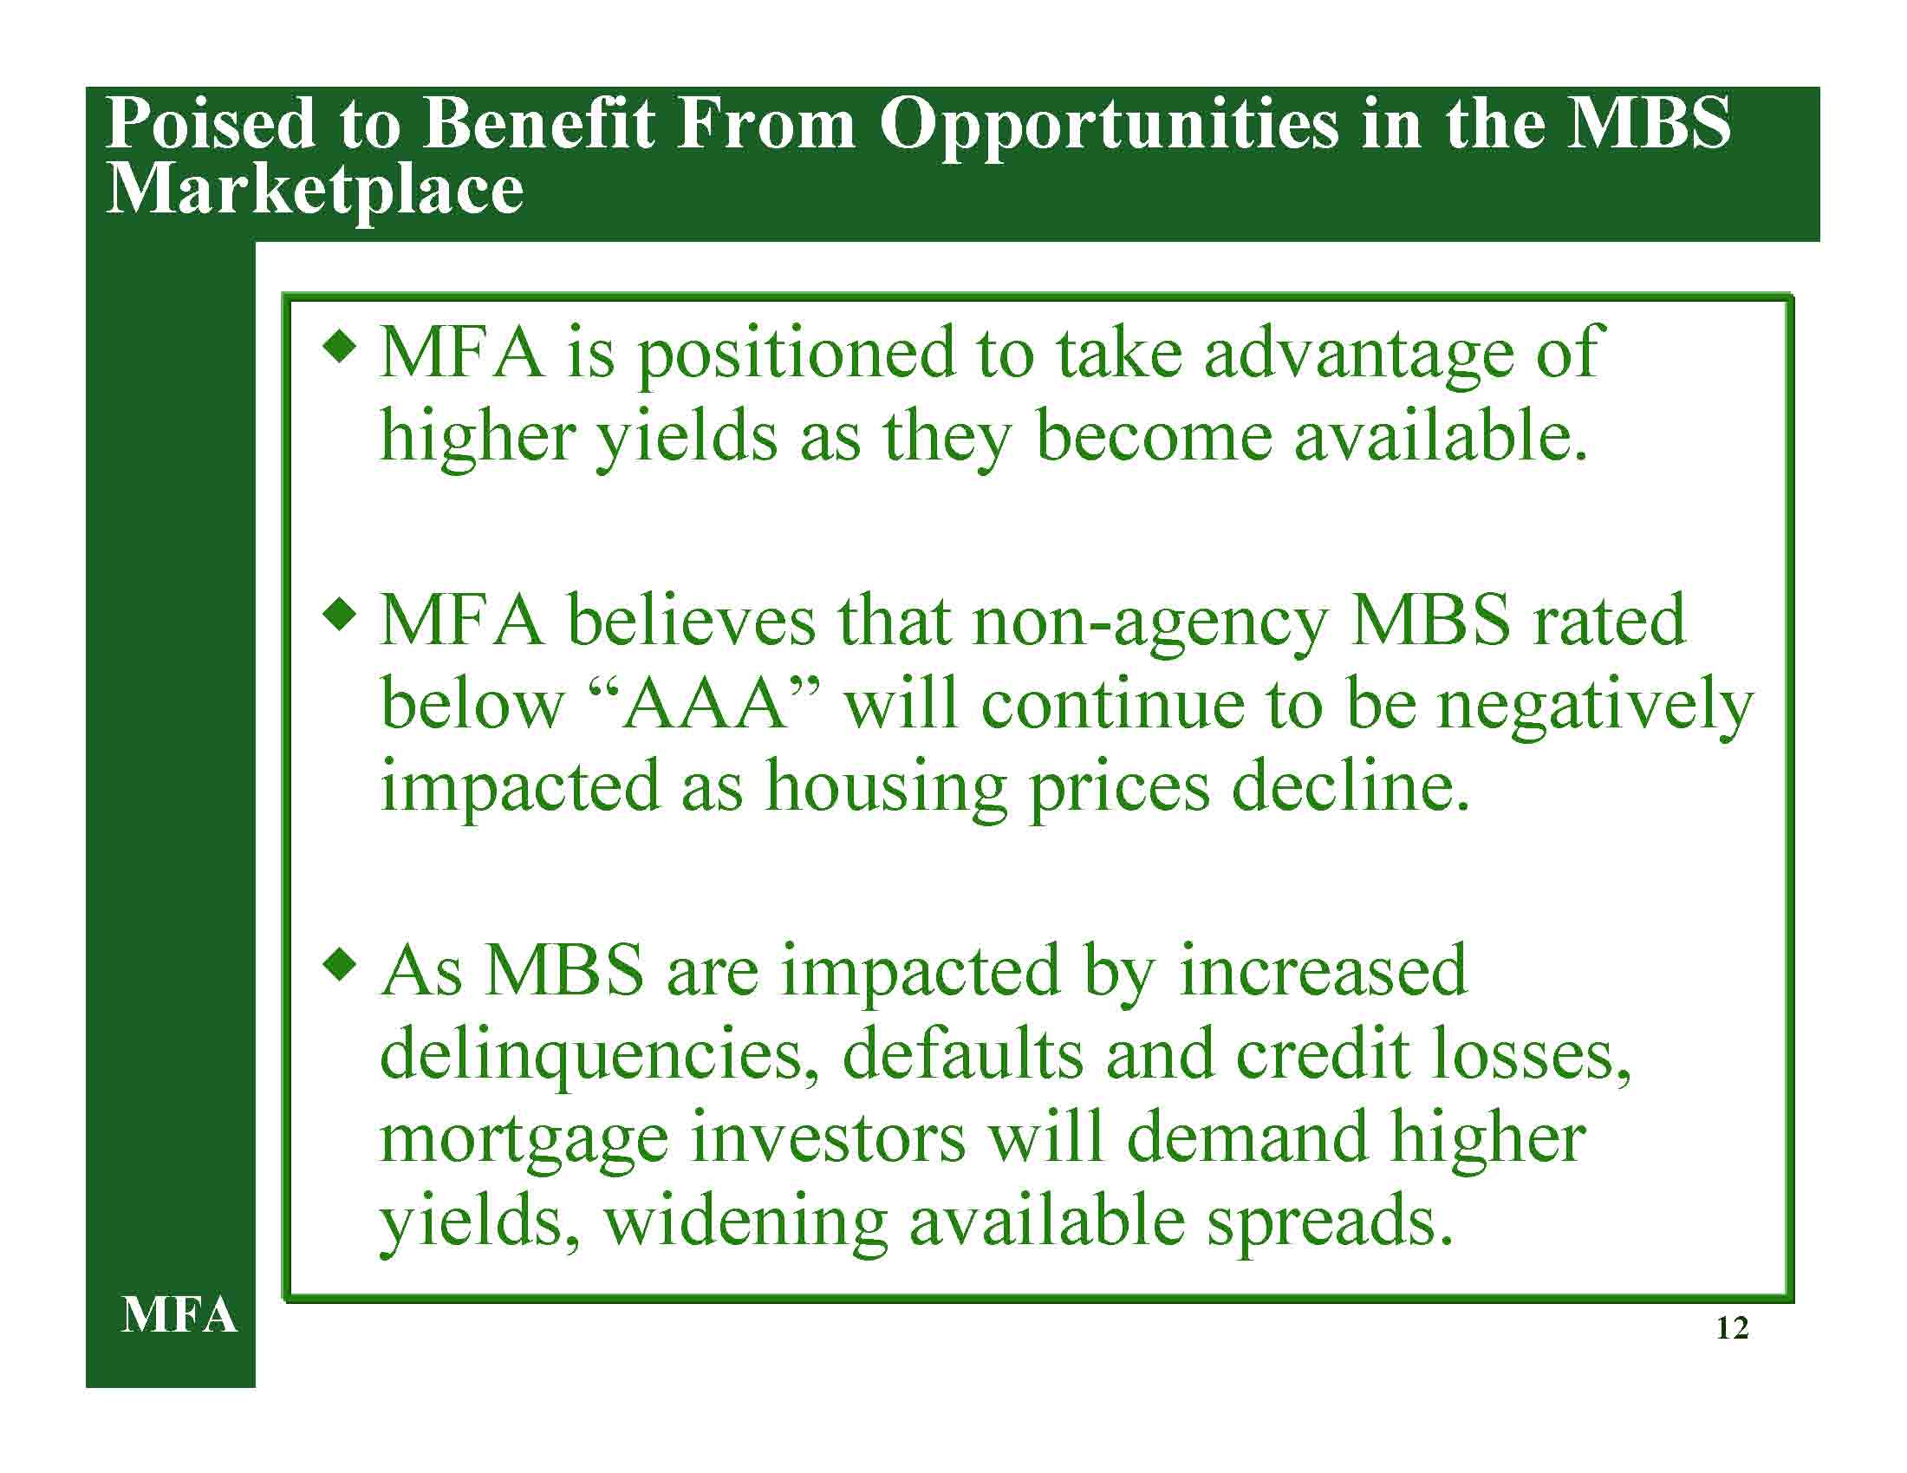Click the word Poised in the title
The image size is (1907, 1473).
(x=211, y=123)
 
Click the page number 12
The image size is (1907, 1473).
(x=1732, y=1328)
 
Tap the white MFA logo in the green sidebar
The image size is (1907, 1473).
(x=179, y=1315)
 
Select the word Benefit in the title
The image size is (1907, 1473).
(x=538, y=123)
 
